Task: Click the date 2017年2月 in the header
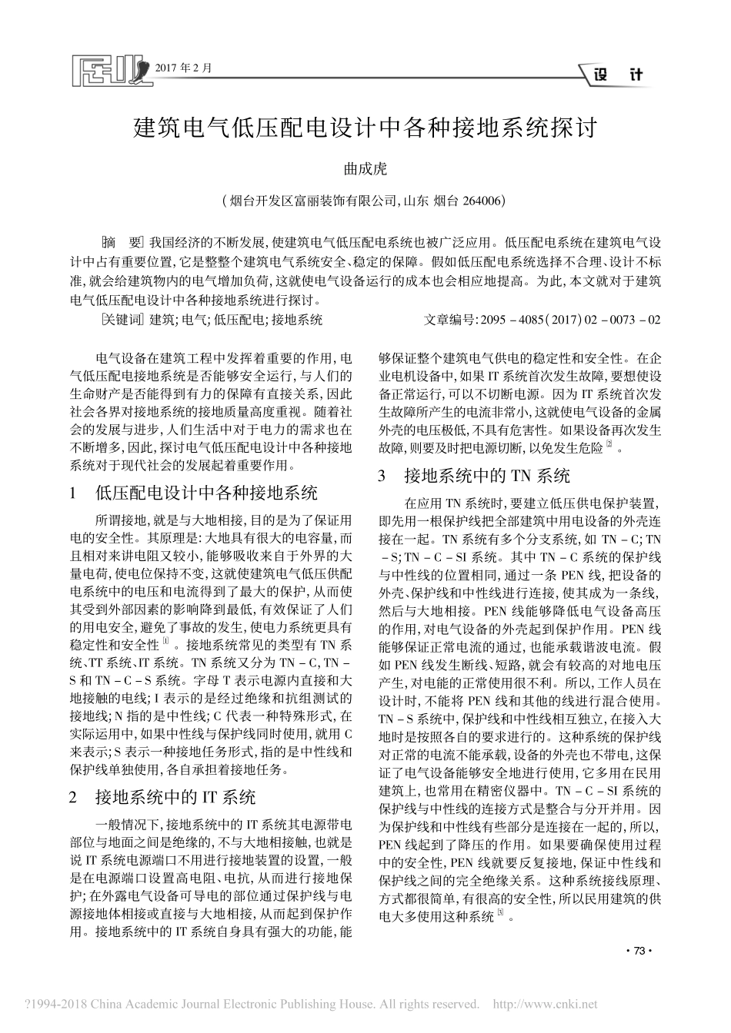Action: [x=183, y=68]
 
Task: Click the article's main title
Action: [x=365, y=126]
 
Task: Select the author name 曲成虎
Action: [x=365, y=168]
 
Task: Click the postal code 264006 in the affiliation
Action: [x=481, y=201]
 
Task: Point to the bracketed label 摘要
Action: [x=122, y=241]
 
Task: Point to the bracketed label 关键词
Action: [x=122, y=319]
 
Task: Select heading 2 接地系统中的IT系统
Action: [x=174, y=796]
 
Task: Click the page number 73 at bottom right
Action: [x=638, y=952]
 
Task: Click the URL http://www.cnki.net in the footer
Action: [x=544, y=1004]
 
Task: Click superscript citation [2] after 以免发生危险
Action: [x=609, y=445]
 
